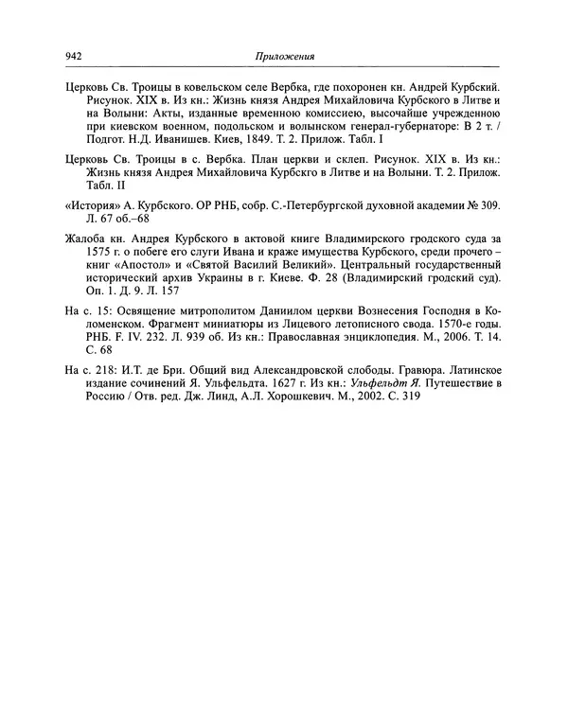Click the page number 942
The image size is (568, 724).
pyautogui.click(x=74, y=56)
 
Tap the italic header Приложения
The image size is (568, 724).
pyautogui.click(x=284, y=56)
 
